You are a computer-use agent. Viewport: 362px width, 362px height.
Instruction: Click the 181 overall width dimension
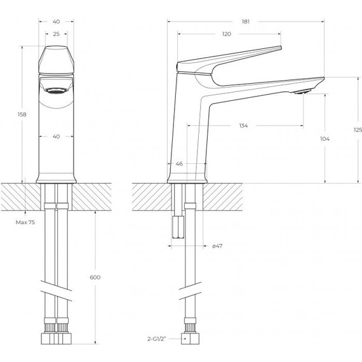point(246,21)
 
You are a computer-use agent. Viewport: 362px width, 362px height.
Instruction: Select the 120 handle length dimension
point(227,34)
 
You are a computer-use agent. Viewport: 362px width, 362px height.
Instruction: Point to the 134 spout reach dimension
point(243,126)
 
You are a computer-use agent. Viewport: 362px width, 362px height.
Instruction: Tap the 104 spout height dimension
point(326,138)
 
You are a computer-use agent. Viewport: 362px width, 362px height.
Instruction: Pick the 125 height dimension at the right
point(357,130)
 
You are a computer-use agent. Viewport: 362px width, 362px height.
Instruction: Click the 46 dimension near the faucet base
point(179,164)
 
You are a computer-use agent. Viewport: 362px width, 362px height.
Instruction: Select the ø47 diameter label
point(217,246)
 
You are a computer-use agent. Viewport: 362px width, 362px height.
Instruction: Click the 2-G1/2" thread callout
point(156,339)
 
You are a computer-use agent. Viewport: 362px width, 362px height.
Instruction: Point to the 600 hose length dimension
point(96,277)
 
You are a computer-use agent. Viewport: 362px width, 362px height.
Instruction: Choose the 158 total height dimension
point(22,114)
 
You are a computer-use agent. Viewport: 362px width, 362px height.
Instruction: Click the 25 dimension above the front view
point(57,34)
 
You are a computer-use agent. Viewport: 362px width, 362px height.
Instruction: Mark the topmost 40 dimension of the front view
point(57,21)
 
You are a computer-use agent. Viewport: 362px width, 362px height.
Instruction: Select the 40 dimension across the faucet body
point(57,136)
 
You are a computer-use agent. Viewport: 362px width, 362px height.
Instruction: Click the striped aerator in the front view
point(57,90)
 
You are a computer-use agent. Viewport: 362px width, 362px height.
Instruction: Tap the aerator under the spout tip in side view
point(302,93)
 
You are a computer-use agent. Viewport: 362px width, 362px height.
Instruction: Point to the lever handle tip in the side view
point(277,48)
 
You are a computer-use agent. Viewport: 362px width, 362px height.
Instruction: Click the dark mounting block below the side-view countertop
point(178,226)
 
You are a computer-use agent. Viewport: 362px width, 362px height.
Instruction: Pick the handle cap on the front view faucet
point(57,60)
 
